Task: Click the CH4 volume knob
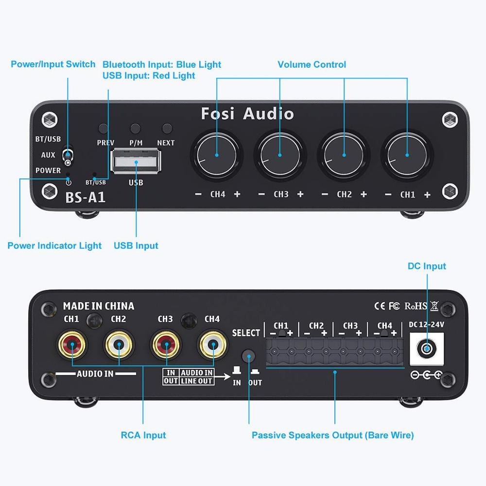(x=217, y=155)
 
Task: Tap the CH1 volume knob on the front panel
(x=407, y=155)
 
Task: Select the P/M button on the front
(x=135, y=128)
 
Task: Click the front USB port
(x=136, y=161)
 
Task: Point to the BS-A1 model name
(x=85, y=197)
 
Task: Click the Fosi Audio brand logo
(x=247, y=114)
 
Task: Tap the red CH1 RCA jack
(x=72, y=345)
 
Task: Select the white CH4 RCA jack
(x=213, y=345)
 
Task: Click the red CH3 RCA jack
(x=166, y=345)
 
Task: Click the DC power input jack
(x=427, y=348)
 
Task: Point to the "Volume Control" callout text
(x=312, y=65)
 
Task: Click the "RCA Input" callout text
(x=143, y=435)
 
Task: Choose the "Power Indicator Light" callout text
(x=54, y=246)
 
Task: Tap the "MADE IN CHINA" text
(x=99, y=306)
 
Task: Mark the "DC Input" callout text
(x=427, y=266)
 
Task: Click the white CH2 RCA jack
(x=119, y=345)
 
